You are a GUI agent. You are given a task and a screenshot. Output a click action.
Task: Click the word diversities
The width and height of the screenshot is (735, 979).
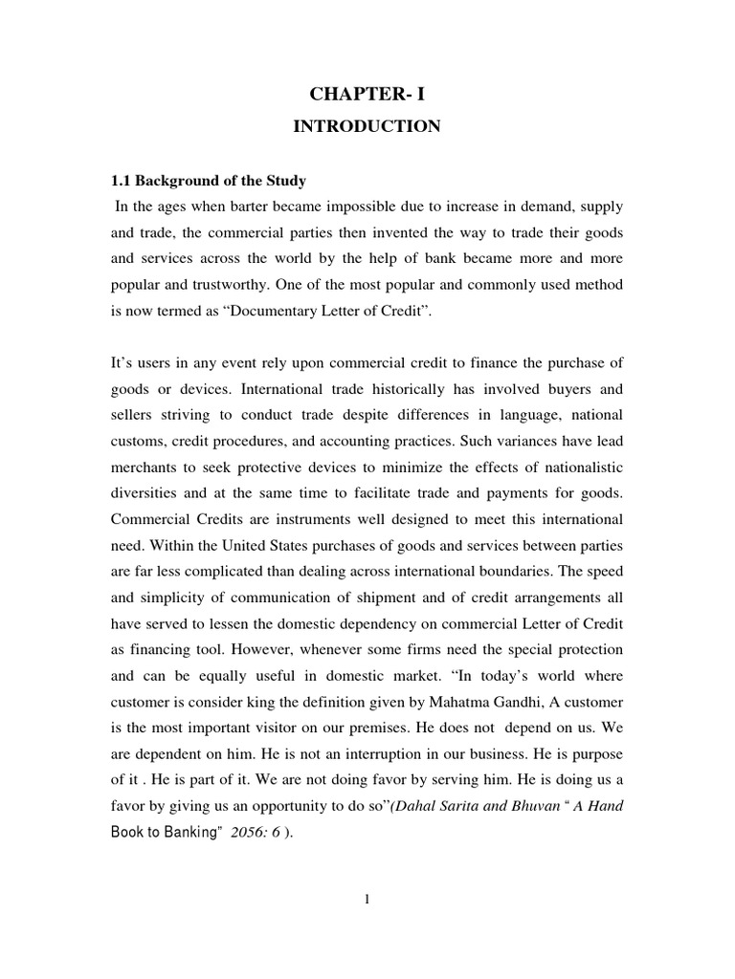tap(146, 494)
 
